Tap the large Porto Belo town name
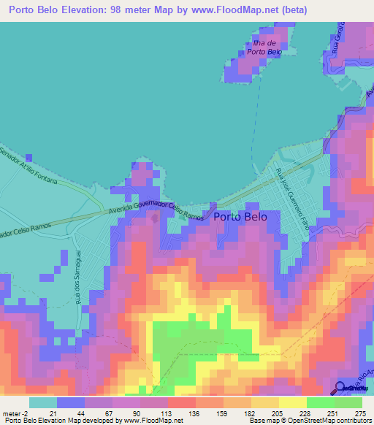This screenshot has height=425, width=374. (241, 217)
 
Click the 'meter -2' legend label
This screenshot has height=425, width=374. (16, 413)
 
